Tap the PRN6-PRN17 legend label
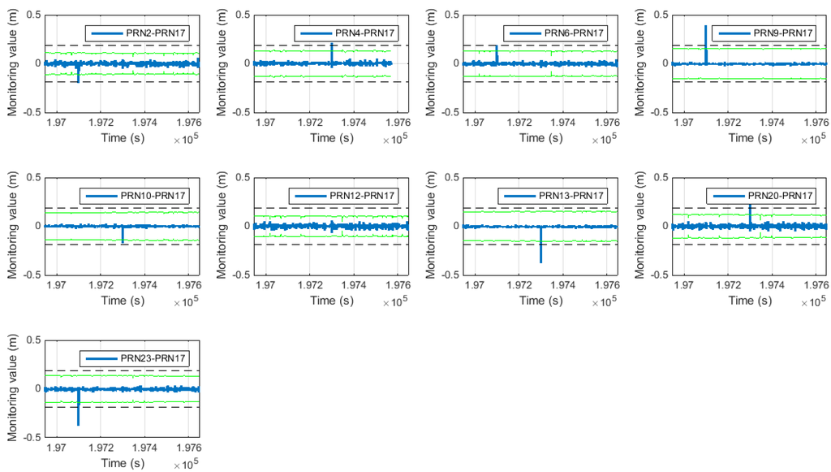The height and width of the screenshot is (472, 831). point(575,32)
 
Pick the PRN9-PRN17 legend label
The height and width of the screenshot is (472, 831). point(783,32)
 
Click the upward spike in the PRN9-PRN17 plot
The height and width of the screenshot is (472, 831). point(706,37)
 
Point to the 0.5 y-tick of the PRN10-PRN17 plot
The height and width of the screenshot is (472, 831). point(33,177)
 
